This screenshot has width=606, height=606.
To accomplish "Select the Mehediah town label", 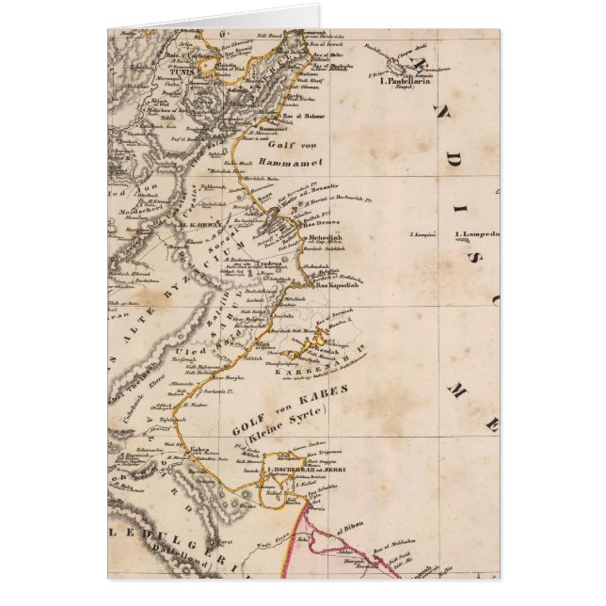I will point(321,240).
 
